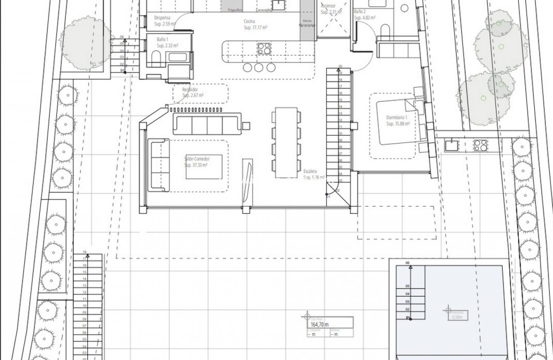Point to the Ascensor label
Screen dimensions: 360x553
tap(328, 6)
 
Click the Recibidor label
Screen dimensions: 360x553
tap(189, 90)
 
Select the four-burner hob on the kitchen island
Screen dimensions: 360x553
tap(264, 49)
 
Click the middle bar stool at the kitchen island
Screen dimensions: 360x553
tap(259, 67)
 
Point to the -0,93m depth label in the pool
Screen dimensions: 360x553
tap(457, 317)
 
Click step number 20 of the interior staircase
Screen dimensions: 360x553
tap(340, 67)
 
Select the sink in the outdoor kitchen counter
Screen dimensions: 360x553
tap(451, 145)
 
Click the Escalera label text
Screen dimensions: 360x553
tap(310, 171)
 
